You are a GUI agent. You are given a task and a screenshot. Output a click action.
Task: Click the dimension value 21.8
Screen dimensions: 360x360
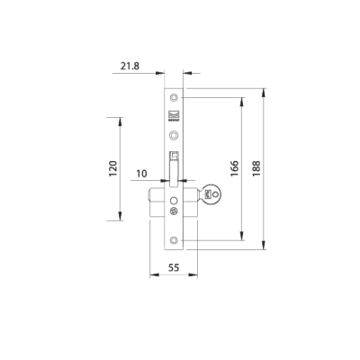point(128,67)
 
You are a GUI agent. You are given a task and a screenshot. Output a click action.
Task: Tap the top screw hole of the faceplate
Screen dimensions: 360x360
point(174,95)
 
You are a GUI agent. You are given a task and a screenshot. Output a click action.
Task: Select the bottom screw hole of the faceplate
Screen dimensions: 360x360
point(174,239)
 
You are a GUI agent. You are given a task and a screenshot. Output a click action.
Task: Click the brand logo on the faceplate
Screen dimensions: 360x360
point(174,116)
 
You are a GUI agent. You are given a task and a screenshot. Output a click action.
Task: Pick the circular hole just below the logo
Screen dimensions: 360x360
point(174,136)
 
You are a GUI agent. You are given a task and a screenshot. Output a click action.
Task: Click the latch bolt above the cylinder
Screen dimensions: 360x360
point(174,166)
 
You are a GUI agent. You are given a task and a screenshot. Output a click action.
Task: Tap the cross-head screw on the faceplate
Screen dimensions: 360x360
point(173,212)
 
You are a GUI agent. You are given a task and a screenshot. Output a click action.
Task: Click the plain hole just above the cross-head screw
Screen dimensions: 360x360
point(173,201)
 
